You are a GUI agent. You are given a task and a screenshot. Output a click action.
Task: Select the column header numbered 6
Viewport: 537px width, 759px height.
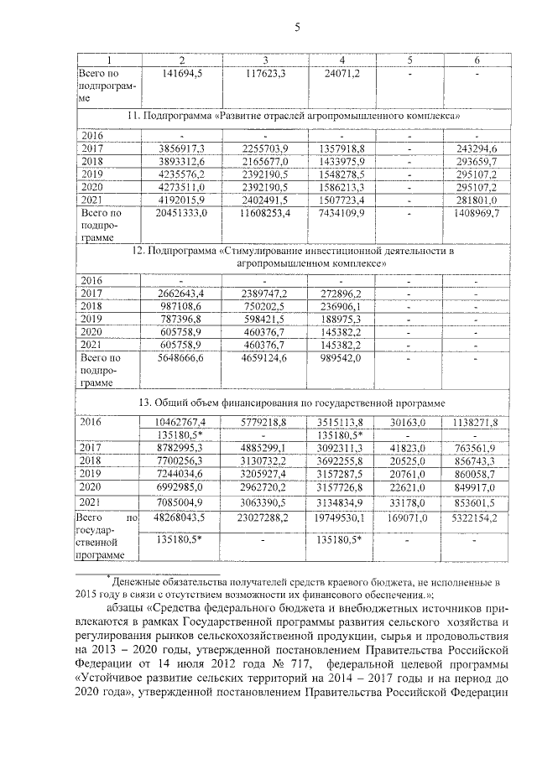click(477, 60)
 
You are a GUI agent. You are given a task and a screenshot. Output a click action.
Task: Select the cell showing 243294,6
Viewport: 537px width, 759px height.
click(477, 148)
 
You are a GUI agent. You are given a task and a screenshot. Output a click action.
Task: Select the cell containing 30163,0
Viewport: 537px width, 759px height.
click(410, 422)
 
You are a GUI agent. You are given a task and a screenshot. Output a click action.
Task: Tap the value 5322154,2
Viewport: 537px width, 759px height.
click(477, 519)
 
